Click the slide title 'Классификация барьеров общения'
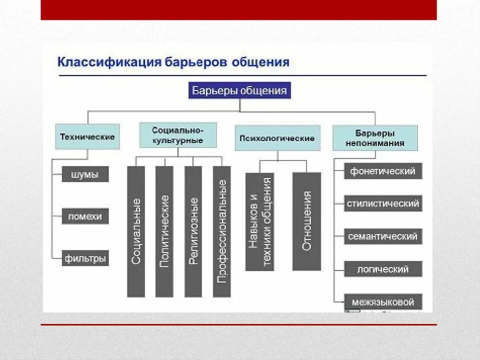tap(173, 62)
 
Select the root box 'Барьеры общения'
tap(239, 91)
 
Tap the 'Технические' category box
tap(87, 136)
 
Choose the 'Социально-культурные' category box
tap(177, 135)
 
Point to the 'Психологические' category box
tap(277, 138)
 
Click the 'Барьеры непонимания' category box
tap(375, 138)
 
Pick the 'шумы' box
tap(85, 175)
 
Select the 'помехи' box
tap(85, 216)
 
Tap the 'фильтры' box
tap(85, 258)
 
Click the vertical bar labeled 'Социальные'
tap(136, 231)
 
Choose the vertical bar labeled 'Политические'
tap(164, 231)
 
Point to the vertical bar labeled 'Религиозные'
tap(193, 231)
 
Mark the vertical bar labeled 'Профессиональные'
tap(222, 231)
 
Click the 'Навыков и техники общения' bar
tap(260, 221)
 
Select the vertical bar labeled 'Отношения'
tap(306, 221)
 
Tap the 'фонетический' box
tap(383, 171)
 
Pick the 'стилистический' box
tap(383, 203)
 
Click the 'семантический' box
tap(383, 236)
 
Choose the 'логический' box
tap(383, 269)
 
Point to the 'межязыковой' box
tap(383, 302)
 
